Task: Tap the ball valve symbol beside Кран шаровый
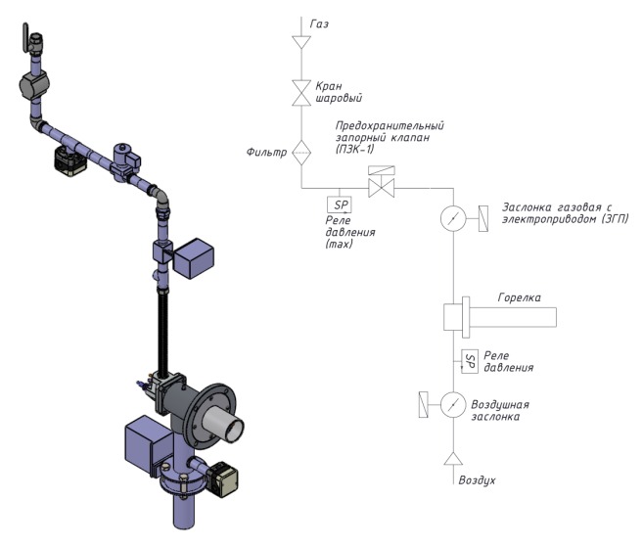301,97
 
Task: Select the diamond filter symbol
301,151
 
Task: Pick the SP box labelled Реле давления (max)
340,205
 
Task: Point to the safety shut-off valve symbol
380,185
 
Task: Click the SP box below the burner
469,360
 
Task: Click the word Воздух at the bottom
477,481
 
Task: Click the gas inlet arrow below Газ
301,44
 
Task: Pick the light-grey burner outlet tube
231,428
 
